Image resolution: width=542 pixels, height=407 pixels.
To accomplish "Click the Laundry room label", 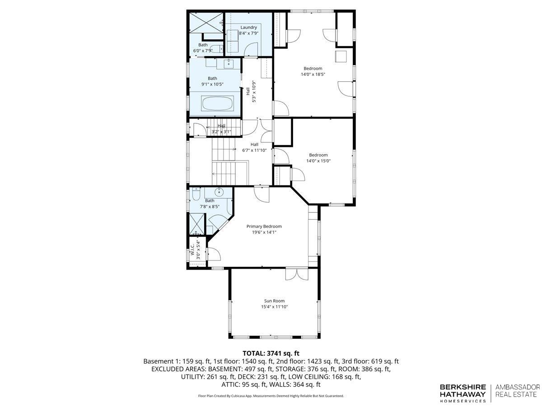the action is click(248, 28).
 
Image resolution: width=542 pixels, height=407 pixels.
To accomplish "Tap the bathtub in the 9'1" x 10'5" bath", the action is click(217, 103).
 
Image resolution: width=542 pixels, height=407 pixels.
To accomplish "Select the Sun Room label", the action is click(274, 301).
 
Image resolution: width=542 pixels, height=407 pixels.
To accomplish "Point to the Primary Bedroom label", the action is click(264, 227).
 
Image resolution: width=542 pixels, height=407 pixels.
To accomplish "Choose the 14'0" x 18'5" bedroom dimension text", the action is click(313, 74).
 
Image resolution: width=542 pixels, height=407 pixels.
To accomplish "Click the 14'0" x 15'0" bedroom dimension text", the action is click(318, 161).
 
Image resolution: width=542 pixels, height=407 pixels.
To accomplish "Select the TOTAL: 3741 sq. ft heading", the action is click(271, 353).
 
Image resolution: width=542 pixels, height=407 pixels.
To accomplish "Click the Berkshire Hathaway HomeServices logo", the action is click(463, 397).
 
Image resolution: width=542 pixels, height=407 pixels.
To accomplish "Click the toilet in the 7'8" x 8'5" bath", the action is click(196, 194).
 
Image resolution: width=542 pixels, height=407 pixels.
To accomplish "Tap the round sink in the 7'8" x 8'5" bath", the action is click(218, 191).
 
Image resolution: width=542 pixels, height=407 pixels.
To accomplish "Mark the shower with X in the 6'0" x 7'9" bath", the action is click(206, 23).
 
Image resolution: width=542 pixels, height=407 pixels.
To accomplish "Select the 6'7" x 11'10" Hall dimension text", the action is click(254, 150).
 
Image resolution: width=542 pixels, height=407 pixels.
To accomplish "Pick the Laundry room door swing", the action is click(251, 49).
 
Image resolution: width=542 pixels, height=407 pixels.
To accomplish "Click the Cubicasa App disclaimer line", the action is click(271, 396).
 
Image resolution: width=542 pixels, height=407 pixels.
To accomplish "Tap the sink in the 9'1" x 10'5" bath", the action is click(229, 63).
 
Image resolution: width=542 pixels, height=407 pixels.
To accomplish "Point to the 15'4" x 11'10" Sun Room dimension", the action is click(274, 307).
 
